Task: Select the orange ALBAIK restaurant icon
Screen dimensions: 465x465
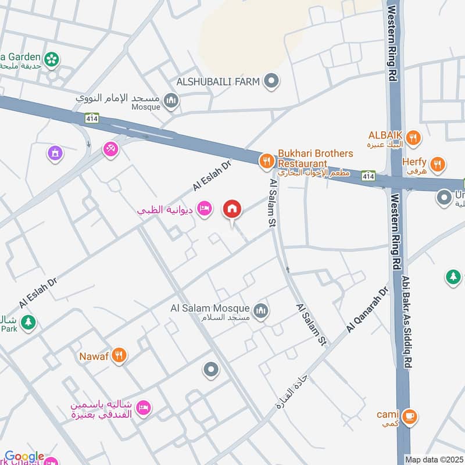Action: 413,138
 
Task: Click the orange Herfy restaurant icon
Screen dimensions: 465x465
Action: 438,163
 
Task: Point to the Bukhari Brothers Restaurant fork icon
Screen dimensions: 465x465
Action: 266,160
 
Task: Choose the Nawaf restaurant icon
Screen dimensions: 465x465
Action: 119,354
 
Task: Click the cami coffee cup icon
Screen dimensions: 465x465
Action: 410,416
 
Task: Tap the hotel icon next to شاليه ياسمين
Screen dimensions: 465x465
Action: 143,409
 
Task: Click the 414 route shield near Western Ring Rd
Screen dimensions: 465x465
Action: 368,174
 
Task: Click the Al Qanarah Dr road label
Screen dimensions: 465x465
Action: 367,311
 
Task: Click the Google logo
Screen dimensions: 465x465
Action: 24,457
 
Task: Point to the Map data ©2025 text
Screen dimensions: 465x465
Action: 433,459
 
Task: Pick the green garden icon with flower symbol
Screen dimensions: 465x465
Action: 52,58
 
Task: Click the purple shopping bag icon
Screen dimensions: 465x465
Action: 54,153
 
